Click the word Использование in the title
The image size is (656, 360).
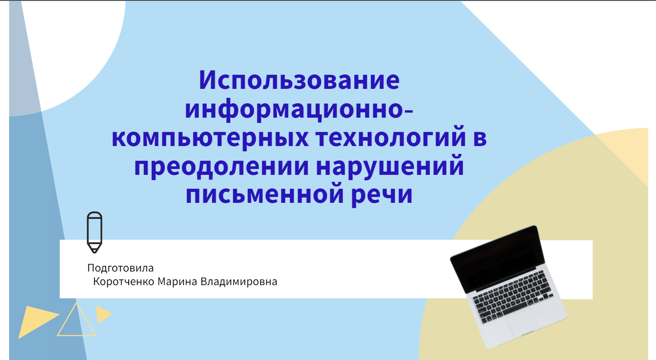click(x=299, y=80)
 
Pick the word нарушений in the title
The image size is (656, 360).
click(x=390, y=165)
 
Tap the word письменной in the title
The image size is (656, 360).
click(x=264, y=194)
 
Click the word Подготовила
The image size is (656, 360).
click(x=121, y=268)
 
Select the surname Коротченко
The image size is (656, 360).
click(x=123, y=281)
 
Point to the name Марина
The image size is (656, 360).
click(x=177, y=281)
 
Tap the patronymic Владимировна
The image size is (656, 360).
click(x=239, y=281)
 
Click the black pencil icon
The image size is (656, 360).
click(x=95, y=232)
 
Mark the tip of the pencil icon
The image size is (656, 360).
click(x=95, y=253)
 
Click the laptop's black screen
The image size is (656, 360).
click(x=497, y=259)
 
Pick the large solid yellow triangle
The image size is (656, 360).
click(x=37, y=321)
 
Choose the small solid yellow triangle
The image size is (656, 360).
click(x=103, y=314)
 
